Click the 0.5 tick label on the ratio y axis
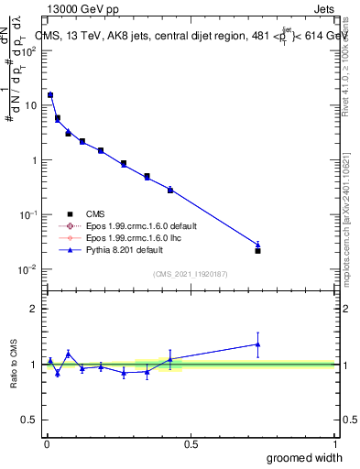point(30,420)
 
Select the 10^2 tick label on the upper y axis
point(30,50)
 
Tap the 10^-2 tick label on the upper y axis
point(30,269)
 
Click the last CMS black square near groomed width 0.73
point(257,250)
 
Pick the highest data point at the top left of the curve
point(50,95)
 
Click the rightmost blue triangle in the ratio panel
point(257,344)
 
